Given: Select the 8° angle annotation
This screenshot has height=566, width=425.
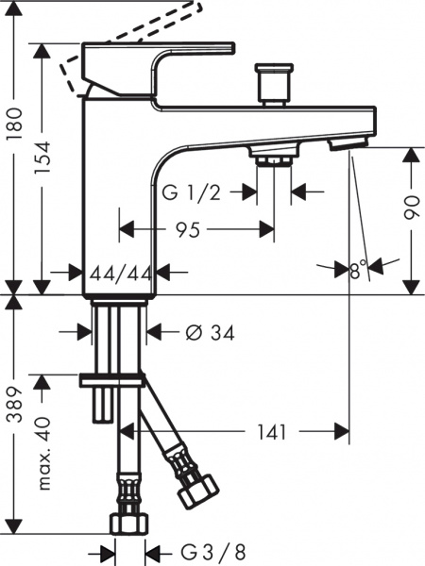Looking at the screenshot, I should [x=357, y=270].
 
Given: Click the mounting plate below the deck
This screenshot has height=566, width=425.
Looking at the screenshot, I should [x=113, y=378].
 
